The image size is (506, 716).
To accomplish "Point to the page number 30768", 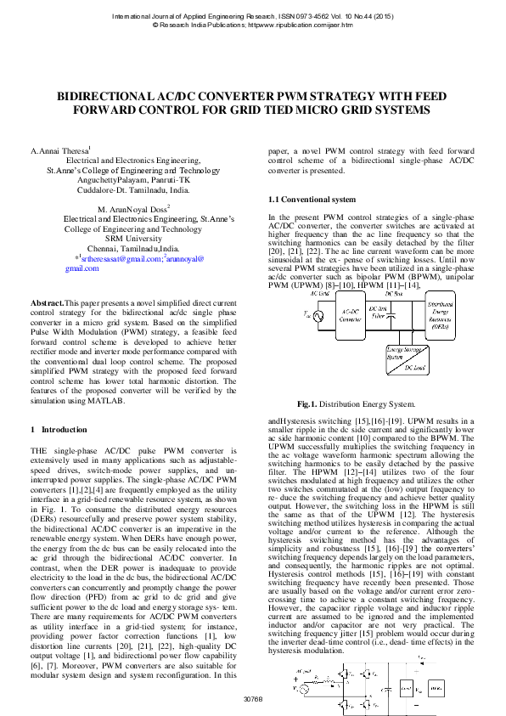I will (x=253, y=699).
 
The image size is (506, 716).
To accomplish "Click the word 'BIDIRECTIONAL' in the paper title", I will (x=110, y=98).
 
